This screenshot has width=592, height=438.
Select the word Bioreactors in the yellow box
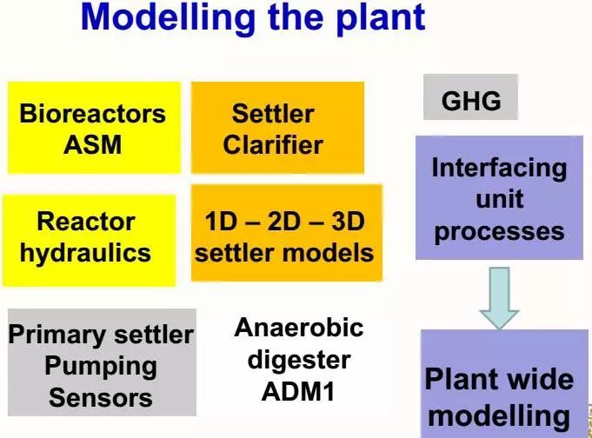tap(92, 114)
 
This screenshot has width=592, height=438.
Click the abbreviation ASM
tap(92, 144)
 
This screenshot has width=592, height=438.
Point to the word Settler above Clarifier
tap(273, 114)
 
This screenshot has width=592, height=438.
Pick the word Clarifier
tap(273, 144)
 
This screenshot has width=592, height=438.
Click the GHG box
tap(471, 101)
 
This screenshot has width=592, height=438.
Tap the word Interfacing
tap(499, 168)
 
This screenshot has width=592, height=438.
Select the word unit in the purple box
tap(499, 200)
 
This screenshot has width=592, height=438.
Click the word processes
tap(499, 231)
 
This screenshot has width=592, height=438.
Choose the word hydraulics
tap(85, 253)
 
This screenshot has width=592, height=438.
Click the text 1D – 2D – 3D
tap(284, 222)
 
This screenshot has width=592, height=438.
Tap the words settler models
tap(284, 253)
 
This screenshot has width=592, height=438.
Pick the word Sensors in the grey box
tap(101, 397)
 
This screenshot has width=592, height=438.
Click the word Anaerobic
tap(299, 328)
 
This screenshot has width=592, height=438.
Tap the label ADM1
tap(299, 390)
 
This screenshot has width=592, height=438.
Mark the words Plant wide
tap(499, 379)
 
